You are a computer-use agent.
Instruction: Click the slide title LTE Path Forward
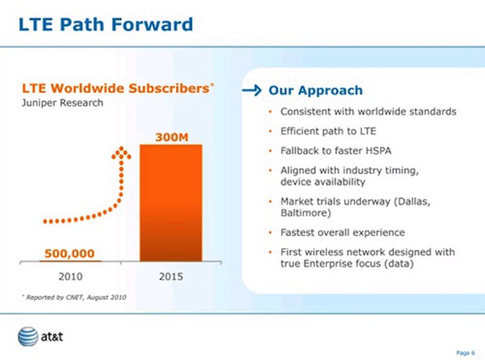105,24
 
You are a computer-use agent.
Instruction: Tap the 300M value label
172,137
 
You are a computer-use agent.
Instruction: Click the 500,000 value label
69,254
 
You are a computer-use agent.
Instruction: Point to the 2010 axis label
70,277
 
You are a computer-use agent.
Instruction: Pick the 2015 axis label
171,277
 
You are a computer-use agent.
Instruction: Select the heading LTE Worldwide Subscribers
116,89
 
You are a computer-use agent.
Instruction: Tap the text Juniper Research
62,103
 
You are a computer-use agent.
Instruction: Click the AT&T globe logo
28,337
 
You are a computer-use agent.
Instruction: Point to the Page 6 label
465,353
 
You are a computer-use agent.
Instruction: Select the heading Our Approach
315,90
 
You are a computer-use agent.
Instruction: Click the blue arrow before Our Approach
252,90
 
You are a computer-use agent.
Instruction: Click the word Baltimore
305,213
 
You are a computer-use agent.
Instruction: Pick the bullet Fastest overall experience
343,233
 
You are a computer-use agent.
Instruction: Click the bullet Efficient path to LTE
328,131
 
